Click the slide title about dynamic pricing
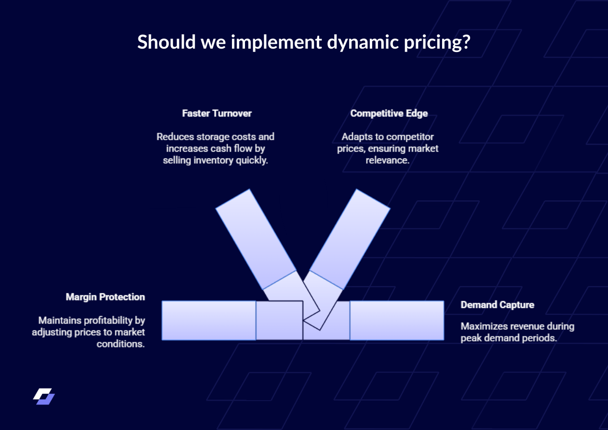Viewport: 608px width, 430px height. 304,42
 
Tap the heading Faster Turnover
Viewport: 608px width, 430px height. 216,114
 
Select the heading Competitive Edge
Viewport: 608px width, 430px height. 389,114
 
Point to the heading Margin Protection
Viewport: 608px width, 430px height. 105,297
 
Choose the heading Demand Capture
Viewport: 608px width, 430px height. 497,305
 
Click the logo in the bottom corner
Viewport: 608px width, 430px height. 44,396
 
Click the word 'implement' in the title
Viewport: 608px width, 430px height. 276,42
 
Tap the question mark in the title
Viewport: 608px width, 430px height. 465,42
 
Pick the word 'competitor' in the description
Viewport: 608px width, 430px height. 412,137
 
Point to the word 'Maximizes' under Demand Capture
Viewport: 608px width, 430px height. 483,326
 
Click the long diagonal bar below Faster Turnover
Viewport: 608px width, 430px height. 255,239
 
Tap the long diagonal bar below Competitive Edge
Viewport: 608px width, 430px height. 350,239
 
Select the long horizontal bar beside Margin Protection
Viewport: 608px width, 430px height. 208,321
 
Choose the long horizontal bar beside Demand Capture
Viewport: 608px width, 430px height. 397,321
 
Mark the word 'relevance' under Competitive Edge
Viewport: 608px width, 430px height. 387,160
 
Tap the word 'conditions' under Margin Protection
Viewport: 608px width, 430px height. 121,344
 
